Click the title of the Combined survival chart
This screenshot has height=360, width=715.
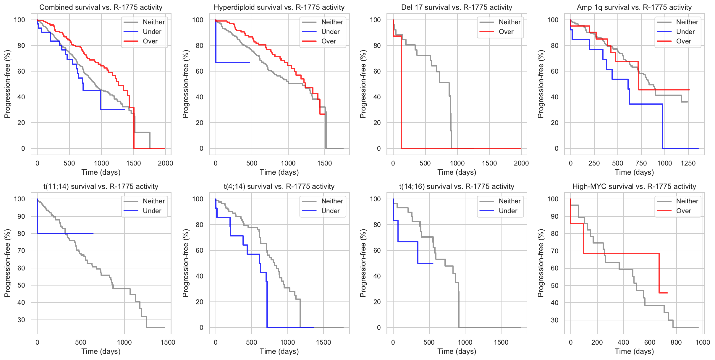click(x=101, y=7)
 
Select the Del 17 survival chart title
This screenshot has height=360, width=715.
click(x=457, y=7)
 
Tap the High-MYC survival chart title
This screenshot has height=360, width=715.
click(x=634, y=187)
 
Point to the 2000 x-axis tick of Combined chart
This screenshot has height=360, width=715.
click(x=165, y=163)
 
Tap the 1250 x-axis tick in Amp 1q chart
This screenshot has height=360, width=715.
click(x=688, y=163)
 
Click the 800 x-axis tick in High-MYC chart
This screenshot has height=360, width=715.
click(x=676, y=342)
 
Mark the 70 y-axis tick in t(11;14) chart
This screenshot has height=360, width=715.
click(x=21, y=251)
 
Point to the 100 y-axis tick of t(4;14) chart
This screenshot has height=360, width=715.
click(x=198, y=199)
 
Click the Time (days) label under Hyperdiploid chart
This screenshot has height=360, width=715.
click(x=279, y=172)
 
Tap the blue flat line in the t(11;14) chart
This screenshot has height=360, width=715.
click(x=65, y=233)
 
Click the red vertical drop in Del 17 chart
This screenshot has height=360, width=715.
click(x=402, y=92)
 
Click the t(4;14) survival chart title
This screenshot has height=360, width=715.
click(x=279, y=187)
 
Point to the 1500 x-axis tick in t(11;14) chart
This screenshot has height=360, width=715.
click(x=168, y=342)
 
